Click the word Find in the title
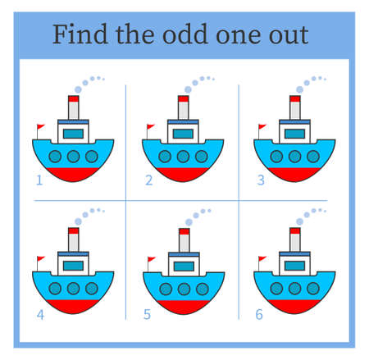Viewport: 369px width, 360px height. coord(76,35)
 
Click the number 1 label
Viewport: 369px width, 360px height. coord(39,179)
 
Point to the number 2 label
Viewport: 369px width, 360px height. coord(149,180)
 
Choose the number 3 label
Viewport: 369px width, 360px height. coord(260,180)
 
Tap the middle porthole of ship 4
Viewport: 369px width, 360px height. coord(73,288)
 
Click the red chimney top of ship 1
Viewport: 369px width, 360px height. coord(73,99)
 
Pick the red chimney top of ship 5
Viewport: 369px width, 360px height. coord(184,233)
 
